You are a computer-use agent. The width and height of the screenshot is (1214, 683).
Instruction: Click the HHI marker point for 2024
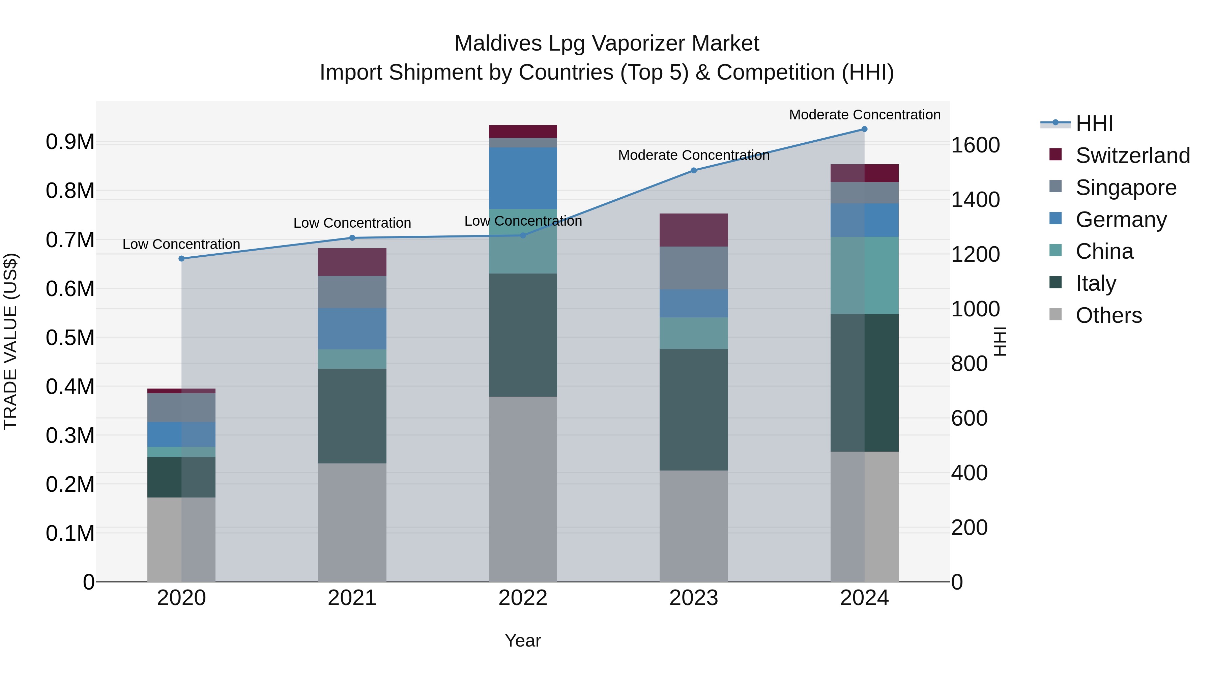pos(864,129)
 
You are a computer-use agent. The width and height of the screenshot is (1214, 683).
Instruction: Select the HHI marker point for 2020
pos(181,258)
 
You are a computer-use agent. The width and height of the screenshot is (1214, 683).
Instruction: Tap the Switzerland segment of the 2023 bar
pos(693,230)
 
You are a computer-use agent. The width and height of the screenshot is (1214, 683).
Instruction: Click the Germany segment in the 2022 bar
pos(523,178)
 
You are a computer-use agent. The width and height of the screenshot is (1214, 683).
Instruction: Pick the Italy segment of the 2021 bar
pos(352,416)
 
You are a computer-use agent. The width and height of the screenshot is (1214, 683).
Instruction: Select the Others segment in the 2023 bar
pos(693,525)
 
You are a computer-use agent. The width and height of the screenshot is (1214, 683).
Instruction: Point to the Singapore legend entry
pos(1126,188)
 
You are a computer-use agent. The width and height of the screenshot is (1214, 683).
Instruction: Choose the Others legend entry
pos(1108,315)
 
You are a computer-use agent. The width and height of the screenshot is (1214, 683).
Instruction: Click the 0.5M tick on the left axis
pos(70,338)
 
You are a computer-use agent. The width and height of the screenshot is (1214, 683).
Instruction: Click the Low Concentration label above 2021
pos(352,223)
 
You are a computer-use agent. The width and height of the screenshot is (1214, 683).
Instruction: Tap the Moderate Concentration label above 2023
pos(693,155)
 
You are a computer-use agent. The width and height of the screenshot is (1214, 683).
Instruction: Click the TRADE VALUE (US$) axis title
pos(10,341)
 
